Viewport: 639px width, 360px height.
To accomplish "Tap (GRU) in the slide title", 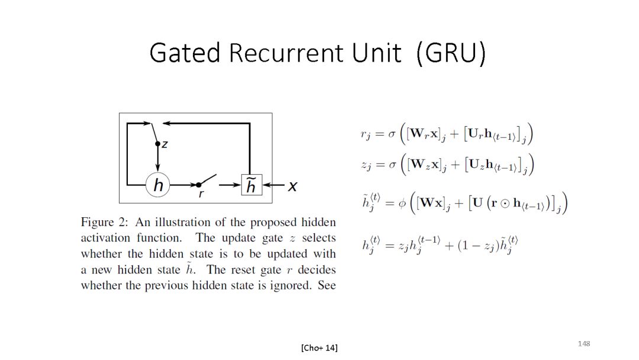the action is tap(451, 53).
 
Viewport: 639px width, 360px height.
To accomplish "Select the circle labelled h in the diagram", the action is tap(158, 185).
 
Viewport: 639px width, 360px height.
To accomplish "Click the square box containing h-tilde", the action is tap(251, 186).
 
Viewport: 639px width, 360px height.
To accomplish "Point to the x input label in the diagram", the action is tap(292, 186).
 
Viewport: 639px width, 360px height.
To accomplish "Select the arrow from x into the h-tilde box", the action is tap(273, 186).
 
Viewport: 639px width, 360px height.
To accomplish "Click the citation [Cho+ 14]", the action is tap(319, 348).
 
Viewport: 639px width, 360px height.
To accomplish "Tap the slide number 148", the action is tap(584, 343).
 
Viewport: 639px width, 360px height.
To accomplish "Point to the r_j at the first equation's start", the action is tap(366, 134).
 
